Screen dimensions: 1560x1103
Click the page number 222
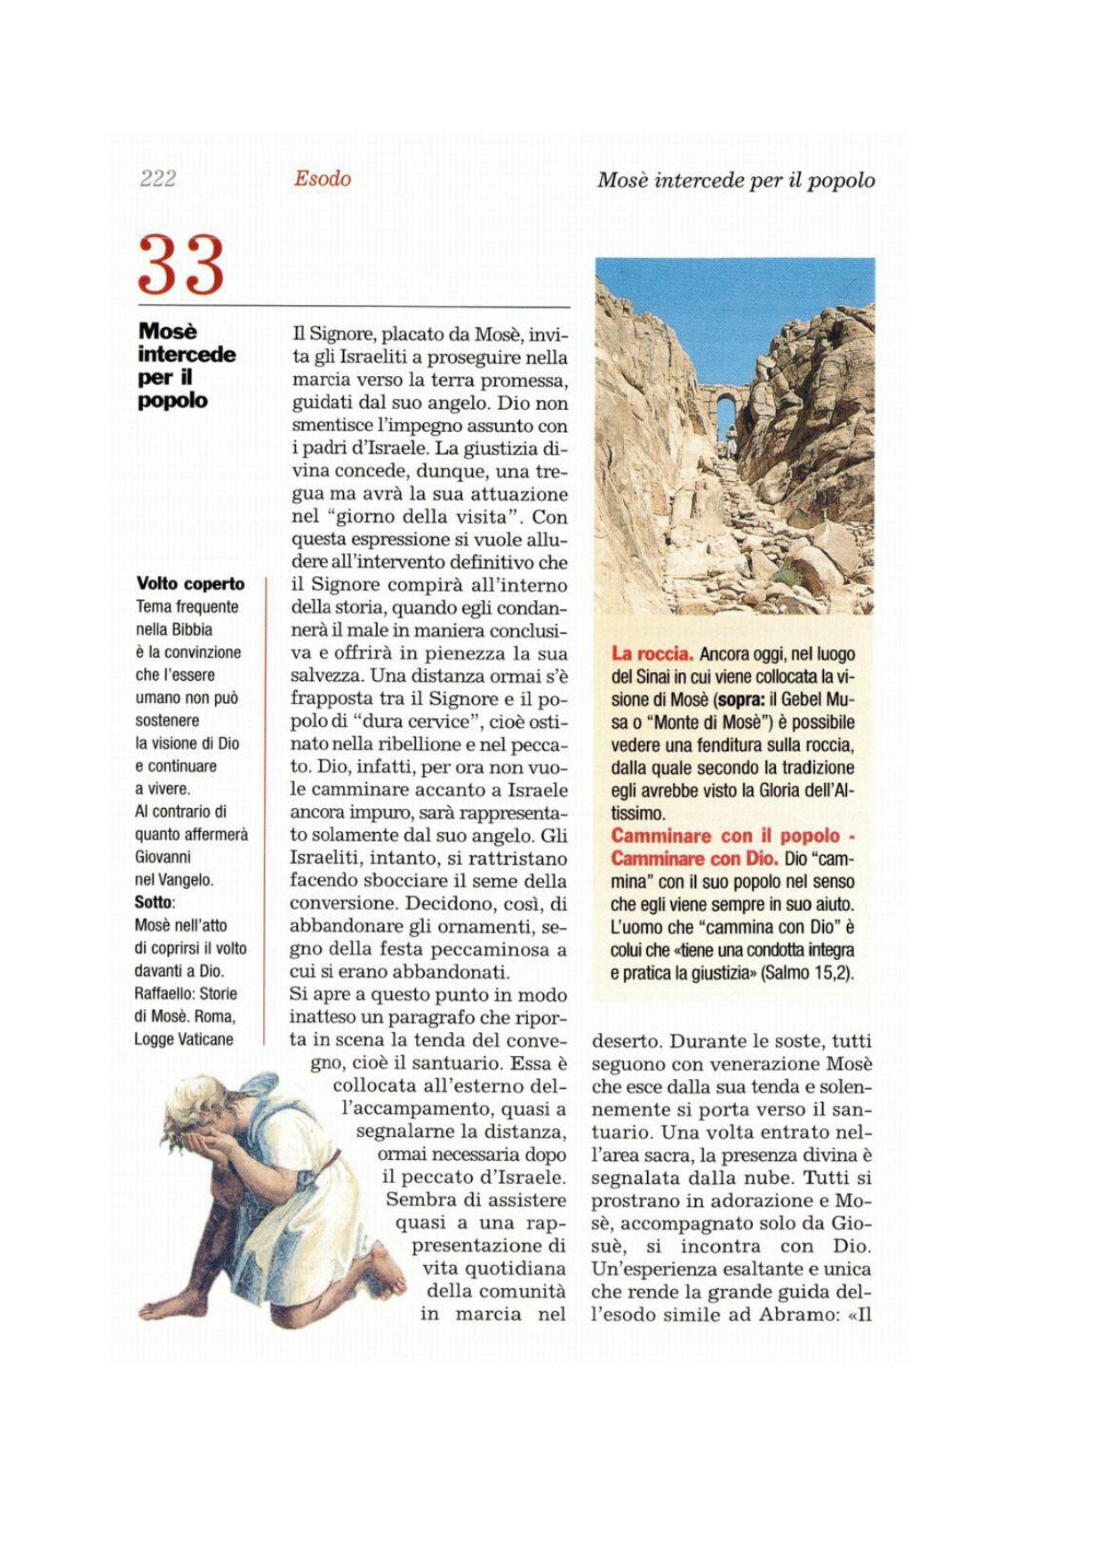157,179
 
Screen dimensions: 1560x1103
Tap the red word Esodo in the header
323,179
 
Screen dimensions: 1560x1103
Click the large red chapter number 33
181,265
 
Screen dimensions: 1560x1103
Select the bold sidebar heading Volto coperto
190,584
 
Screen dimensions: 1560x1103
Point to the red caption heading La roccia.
651,654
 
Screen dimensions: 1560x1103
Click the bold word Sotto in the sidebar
154,902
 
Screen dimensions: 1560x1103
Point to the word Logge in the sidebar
153,1039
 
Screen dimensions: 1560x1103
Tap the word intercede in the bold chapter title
187,355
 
